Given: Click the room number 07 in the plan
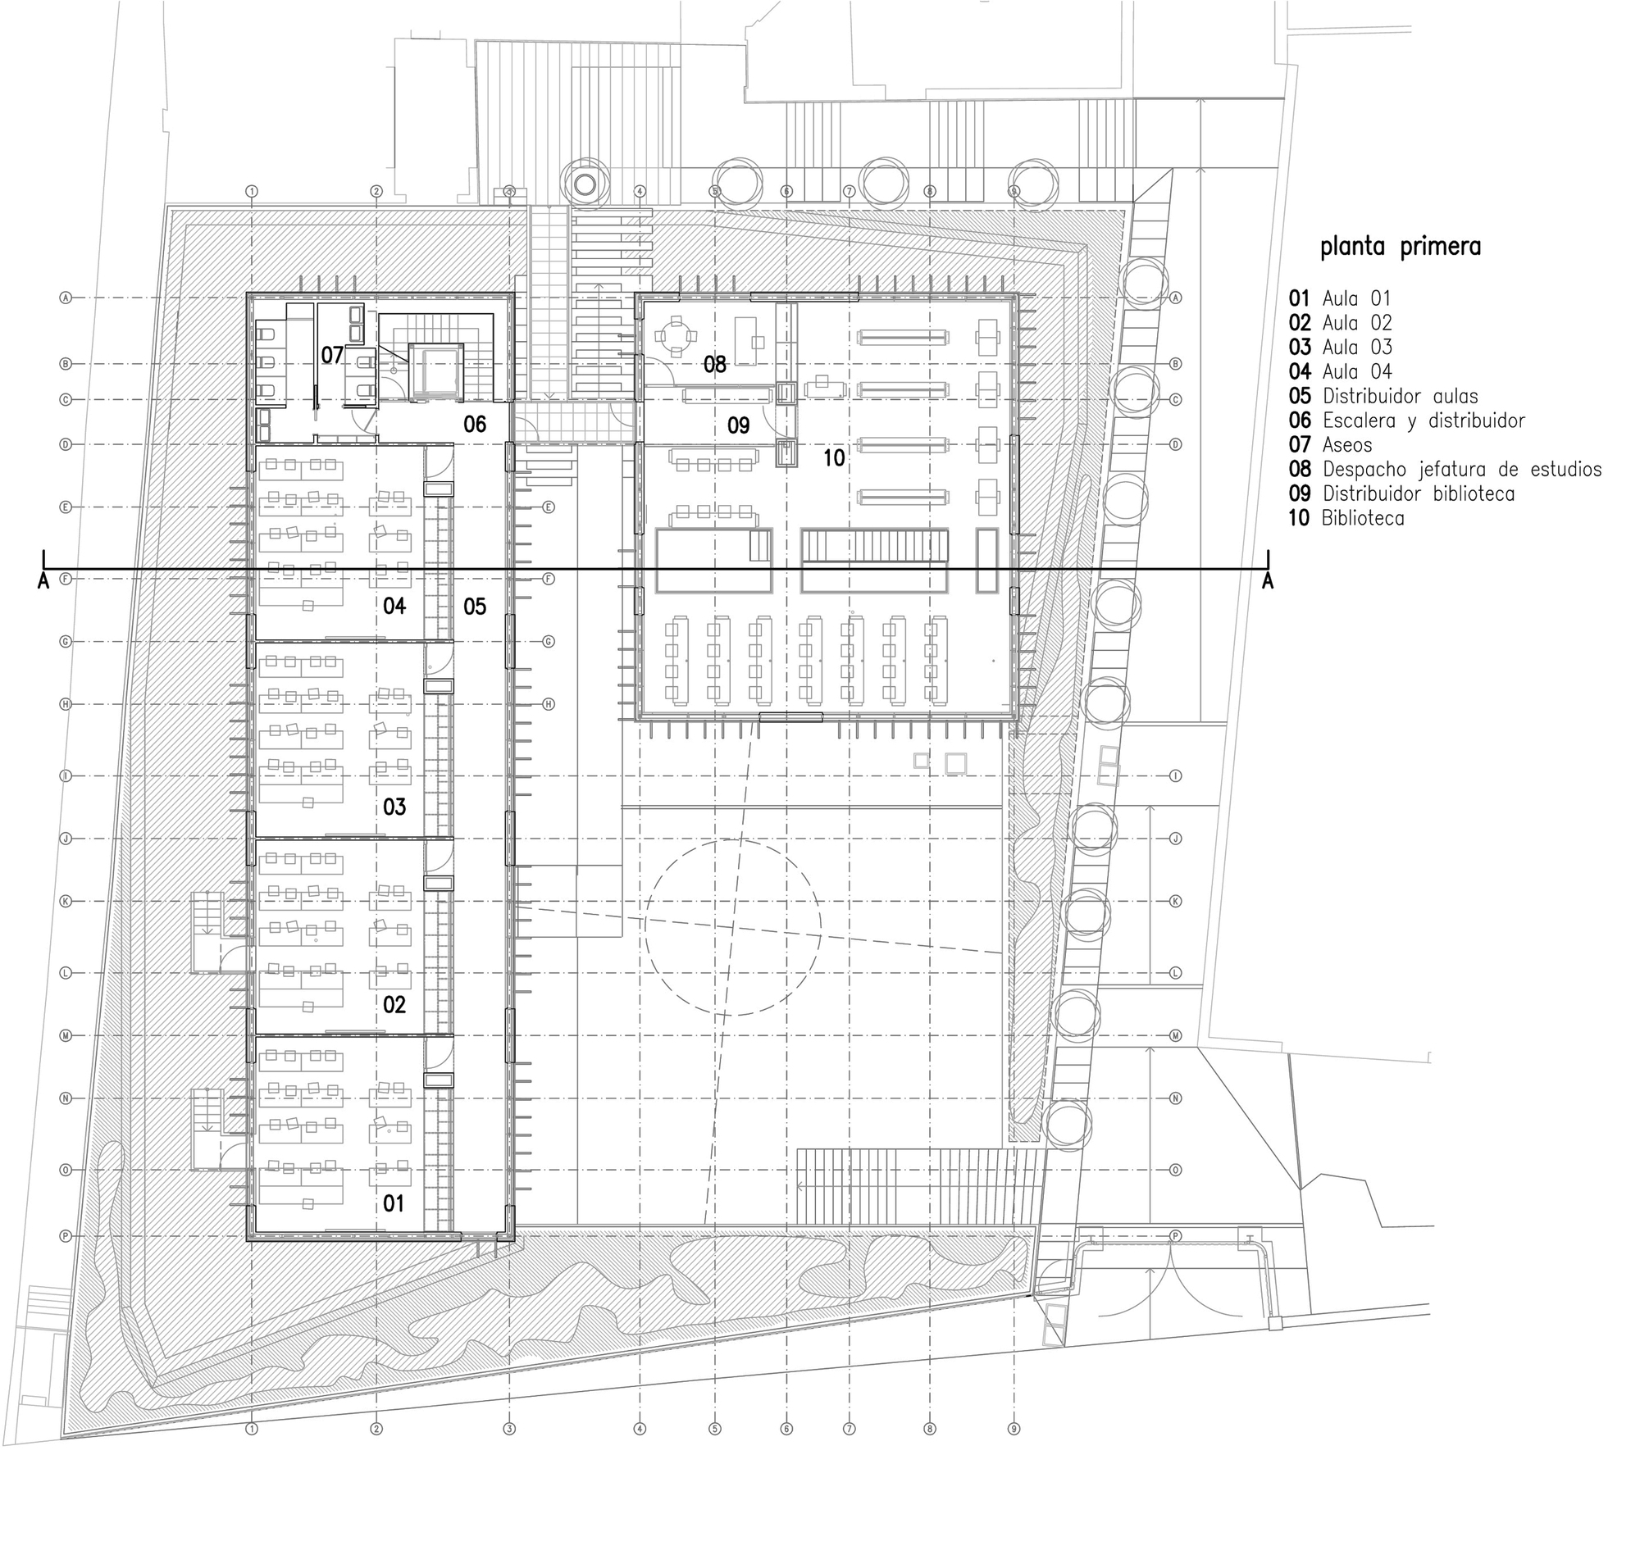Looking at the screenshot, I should tap(331, 356).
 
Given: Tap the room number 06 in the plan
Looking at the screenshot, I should tap(474, 425).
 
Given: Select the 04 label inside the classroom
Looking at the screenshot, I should tap(394, 606).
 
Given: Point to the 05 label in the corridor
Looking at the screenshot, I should tap(474, 607).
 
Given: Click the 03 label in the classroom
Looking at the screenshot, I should tap(394, 807).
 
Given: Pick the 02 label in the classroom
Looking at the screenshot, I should tap(394, 1005).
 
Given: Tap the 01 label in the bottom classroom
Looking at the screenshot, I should tap(393, 1203).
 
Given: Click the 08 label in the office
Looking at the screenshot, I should tap(715, 364).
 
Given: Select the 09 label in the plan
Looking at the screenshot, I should tap(738, 426).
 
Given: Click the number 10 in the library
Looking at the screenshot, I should tap(833, 457).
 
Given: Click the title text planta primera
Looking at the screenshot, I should tap(1400, 247).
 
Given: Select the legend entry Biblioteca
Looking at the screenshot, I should tap(1362, 519).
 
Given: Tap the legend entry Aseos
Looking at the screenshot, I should tap(1346, 445).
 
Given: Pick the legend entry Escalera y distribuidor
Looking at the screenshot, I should tap(1423, 421).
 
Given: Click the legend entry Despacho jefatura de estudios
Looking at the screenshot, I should tap(1461, 470).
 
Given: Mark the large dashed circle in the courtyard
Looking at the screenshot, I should tap(733, 927).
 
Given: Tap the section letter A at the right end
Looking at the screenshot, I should tap(1267, 583).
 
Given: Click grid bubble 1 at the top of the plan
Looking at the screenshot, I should tap(252, 192).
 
